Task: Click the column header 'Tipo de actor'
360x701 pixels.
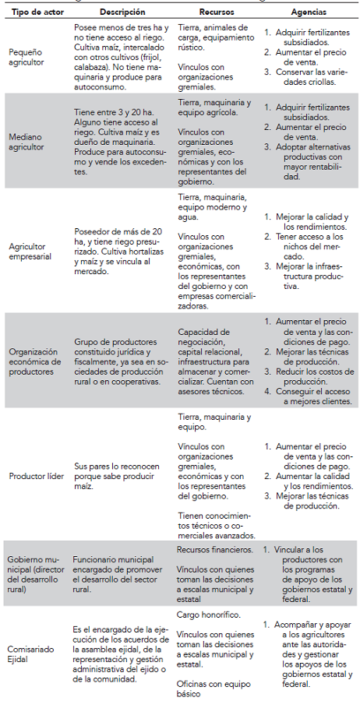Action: point(34,13)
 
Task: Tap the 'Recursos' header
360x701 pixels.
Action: point(216,13)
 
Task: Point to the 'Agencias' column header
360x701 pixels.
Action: point(309,13)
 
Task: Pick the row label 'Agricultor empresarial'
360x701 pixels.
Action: point(30,252)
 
